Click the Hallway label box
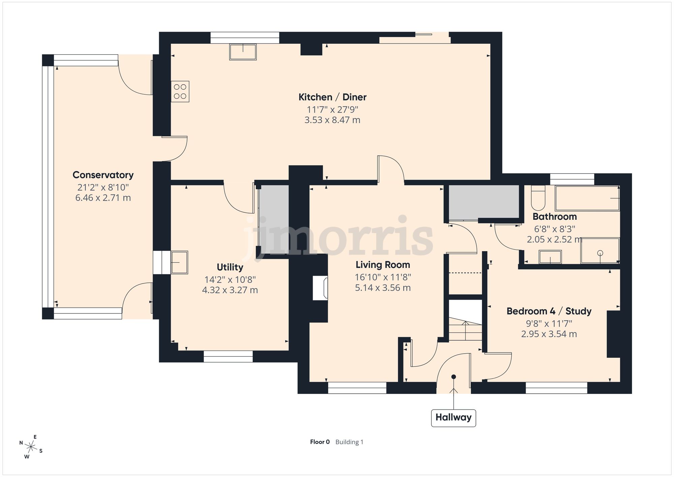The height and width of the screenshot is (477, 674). coord(453,418)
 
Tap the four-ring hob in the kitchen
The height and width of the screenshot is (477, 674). coord(180,91)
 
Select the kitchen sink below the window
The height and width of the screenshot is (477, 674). coord(243,52)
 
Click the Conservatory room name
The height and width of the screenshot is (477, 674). coord(103,175)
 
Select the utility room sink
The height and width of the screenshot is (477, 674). coord(179,262)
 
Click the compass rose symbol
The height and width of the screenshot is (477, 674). coord(31,447)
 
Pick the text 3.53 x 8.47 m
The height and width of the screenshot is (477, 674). coord(332,120)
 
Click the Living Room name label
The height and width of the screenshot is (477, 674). coord(383,265)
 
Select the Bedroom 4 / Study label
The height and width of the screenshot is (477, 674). coord(549,311)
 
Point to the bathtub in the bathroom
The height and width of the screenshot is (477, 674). coord(587,199)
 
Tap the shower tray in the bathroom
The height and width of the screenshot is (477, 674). coord(600,251)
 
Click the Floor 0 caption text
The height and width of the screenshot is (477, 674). coord(320,442)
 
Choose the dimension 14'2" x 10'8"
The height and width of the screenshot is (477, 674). coord(230,280)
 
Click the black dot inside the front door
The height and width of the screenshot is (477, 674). coord(454,377)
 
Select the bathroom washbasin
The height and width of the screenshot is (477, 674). coord(550,257)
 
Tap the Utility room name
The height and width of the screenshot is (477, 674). coord(230,267)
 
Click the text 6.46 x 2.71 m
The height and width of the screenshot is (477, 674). coord(103,198)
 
